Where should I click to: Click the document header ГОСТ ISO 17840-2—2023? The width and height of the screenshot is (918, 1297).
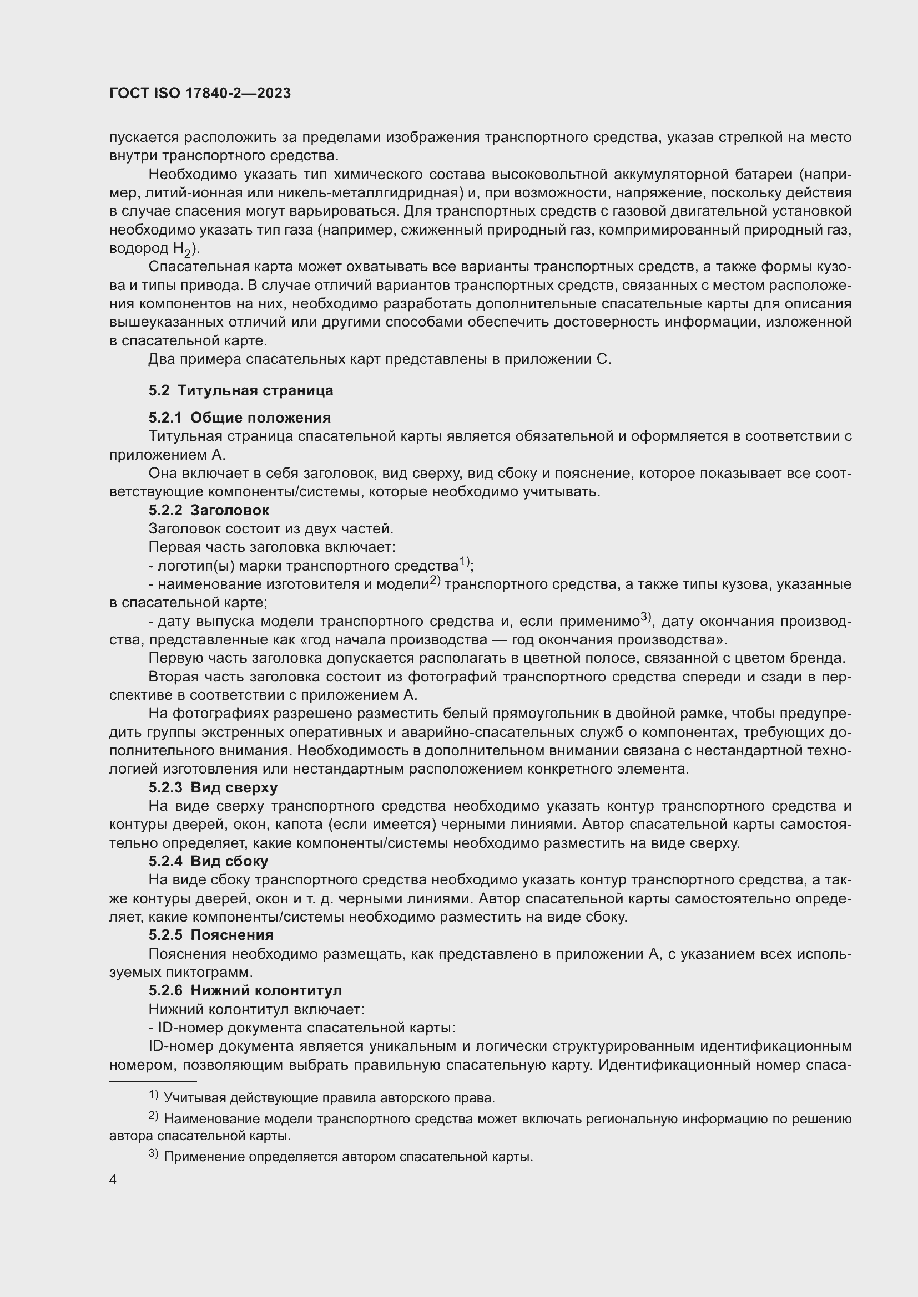(x=200, y=93)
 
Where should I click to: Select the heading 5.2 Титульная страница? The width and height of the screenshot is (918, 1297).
(x=241, y=390)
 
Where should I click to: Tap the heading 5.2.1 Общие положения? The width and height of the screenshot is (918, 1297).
(x=240, y=418)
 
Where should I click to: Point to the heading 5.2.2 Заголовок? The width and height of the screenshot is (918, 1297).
(x=209, y=510)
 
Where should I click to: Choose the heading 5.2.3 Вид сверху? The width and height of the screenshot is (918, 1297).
(x=213, y=787)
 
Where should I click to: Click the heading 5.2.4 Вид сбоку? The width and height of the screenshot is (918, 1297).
(x=208, y=861)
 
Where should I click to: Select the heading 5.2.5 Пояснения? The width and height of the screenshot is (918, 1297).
(x=211, y=935)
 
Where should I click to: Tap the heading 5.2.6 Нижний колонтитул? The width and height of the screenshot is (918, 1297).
(x=245, y=990)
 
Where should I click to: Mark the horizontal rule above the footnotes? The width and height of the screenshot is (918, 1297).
(x=153, y=1082)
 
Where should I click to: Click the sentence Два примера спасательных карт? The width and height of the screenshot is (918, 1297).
(x=379, y=359)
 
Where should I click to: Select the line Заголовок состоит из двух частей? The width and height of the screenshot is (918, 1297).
(x=271, y=529)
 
